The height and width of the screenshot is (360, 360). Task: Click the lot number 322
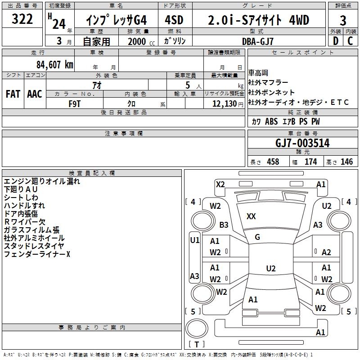click(22, 19)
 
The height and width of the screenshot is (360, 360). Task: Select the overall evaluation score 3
click(343, 21)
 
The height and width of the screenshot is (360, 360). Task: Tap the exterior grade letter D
click(335, 40)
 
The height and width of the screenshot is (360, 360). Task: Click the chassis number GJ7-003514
click(302, 144)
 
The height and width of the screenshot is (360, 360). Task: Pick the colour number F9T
click(74, 103)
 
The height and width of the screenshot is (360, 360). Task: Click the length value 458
click(273, 162)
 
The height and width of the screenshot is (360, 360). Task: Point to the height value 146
click(346, 162)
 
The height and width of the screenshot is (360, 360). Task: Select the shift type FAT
click(13, 94)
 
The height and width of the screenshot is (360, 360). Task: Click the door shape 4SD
click(175, 21)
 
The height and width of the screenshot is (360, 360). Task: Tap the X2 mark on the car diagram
click(220, 184)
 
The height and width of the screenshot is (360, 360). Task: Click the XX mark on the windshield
click(251, 216)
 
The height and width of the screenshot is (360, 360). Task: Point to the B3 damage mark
click(224, 225)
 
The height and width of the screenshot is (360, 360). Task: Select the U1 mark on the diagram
click(194, 240)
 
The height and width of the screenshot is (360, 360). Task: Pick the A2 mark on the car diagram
click(326, 252)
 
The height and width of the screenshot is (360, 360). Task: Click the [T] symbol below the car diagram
click(197, 344)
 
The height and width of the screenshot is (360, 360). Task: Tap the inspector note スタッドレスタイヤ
click(34, 246)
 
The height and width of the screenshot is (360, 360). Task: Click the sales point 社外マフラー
click(268, 82)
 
